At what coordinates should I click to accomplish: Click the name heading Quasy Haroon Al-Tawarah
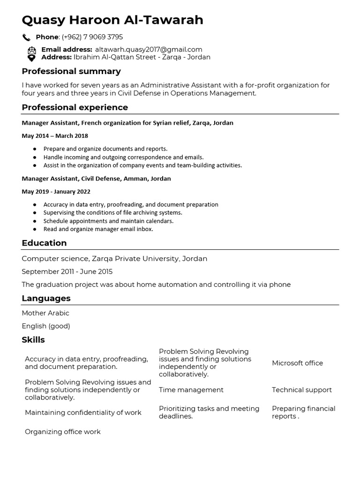tap(112, 20)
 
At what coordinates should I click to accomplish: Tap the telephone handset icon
tap(26, 37)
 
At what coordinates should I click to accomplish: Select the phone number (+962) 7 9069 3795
tap(92, 37)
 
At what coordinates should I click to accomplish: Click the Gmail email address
tap(149, 49)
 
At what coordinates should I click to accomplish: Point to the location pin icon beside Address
tap(31, 58)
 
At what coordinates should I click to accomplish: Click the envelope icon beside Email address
tap(31, 50)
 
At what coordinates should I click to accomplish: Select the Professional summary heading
tap(71, 71)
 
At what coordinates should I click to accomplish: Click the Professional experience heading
tap(75, 107)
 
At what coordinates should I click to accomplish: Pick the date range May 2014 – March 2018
tap(55, 136)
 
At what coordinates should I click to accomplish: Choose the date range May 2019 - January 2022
tap(56, 192)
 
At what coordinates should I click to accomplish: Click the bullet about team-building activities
tap(142, 165)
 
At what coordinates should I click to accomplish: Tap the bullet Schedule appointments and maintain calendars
tap(108, 221)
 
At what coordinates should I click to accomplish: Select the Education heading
tap(44, 243)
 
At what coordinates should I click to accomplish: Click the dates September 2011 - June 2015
tap(67, 271)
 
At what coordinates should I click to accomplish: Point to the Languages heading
tap(46, 298)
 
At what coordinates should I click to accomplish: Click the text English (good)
tap(46, 326)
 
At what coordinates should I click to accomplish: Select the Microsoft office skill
tap(297, 363)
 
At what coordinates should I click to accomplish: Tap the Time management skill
tap(191, 390)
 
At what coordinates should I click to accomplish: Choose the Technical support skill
tap(301, 390)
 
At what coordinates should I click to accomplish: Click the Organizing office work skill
tap(63, 431)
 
